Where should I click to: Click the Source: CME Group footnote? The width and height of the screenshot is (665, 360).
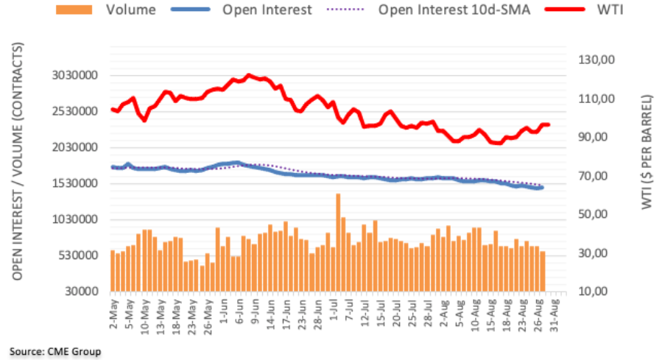[x=55, y=351]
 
